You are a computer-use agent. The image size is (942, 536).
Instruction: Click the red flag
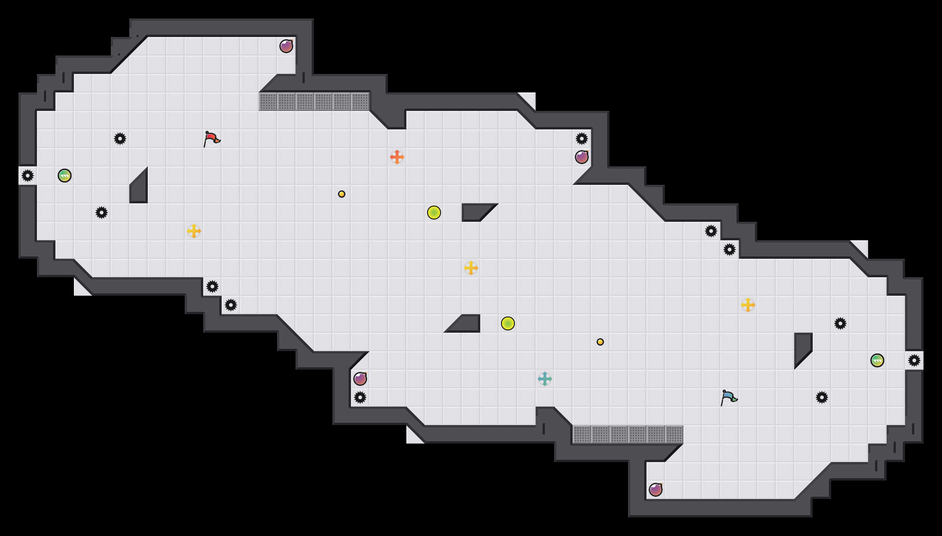point(211,139)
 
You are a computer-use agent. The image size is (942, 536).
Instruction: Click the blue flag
point(729,397)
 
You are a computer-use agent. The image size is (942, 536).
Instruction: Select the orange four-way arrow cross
point(397,157)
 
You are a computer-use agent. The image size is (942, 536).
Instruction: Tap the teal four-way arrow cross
point(545,379)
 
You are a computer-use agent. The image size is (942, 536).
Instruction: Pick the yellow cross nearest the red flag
point(194,231)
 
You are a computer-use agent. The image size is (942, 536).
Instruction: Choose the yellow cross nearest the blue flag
point(748,305)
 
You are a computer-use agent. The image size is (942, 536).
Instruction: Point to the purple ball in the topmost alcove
point(286,46)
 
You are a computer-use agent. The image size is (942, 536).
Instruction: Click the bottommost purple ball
point(656,490)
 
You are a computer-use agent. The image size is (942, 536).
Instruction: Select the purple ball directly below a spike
point(582,157)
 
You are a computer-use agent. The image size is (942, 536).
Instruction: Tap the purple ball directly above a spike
point(360,379)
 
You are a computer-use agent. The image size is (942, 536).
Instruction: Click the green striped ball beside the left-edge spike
point(65,176)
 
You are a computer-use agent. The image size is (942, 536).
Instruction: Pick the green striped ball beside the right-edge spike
point(877,360)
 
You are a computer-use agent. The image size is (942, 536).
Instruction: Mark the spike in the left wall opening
point(28,176)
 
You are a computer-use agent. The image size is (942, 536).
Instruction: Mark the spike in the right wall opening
point(914,360)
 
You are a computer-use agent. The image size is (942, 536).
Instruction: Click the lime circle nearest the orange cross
point(434,213)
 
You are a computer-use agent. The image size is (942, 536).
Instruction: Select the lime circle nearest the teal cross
point(508,323)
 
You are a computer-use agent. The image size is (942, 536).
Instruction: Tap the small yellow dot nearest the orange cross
point(342,194)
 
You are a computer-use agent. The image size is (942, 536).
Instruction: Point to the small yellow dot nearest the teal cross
point(600,342)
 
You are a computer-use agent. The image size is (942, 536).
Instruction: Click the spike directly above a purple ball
point(582,139)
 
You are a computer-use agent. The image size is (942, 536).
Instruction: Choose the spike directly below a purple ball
point(360,397)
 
